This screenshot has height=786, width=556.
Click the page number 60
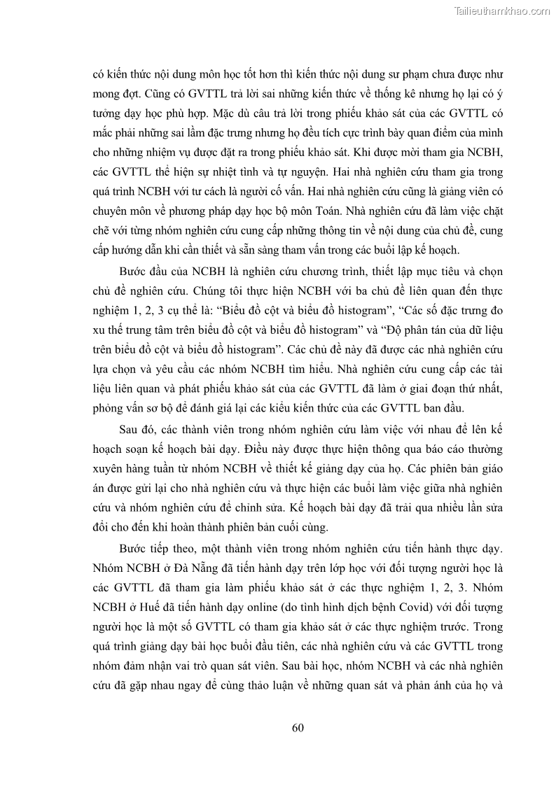[298, 727]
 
